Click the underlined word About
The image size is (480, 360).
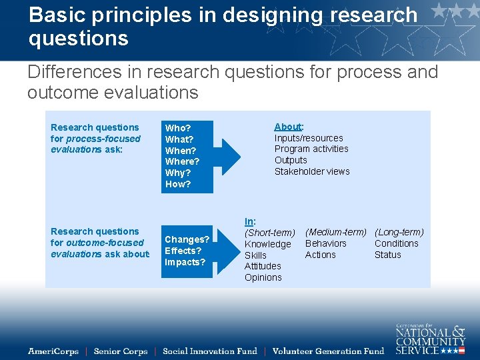pyautogui.click(x=287, y=127)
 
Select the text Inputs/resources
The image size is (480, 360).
pyautogui.click(x=309, y=138)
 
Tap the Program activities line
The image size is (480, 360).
pyautogui.click(x=311, y=149)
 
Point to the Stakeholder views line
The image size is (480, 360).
pyautogui.click(x=312, y=171)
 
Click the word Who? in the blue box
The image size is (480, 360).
pyautogui.click(x=177, y=128)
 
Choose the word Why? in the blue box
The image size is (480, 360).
pyautogui.click(x=177, y=173)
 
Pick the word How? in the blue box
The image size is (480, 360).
pyautogui.click(x=177, y=184)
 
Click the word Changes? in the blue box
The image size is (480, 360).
pyautogui.click(x=187, y=239)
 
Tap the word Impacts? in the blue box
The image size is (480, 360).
pyautogui.click(x=185, y=262)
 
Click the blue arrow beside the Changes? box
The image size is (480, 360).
pyautogui.click(x=229, y=250)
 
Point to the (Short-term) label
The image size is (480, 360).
pyautogui.click(x=269, y=233)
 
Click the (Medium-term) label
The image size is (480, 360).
pyautogui.click(x=335, y=232)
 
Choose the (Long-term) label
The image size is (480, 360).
pyautogui.click(x=399, y=232)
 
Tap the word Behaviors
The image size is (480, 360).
pyautogui.click(x=325, y=243)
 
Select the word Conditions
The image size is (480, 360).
pyautogui.click(x=396, y=243)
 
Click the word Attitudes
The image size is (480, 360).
pyautogui.click(x=263, y=266)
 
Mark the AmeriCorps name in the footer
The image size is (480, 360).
pyautogui.click(x=53, y=351)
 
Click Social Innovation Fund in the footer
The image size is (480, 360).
pyautogui.click(x=209, y=351)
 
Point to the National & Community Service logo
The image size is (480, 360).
pyautogui.click(x=430, y=338)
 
